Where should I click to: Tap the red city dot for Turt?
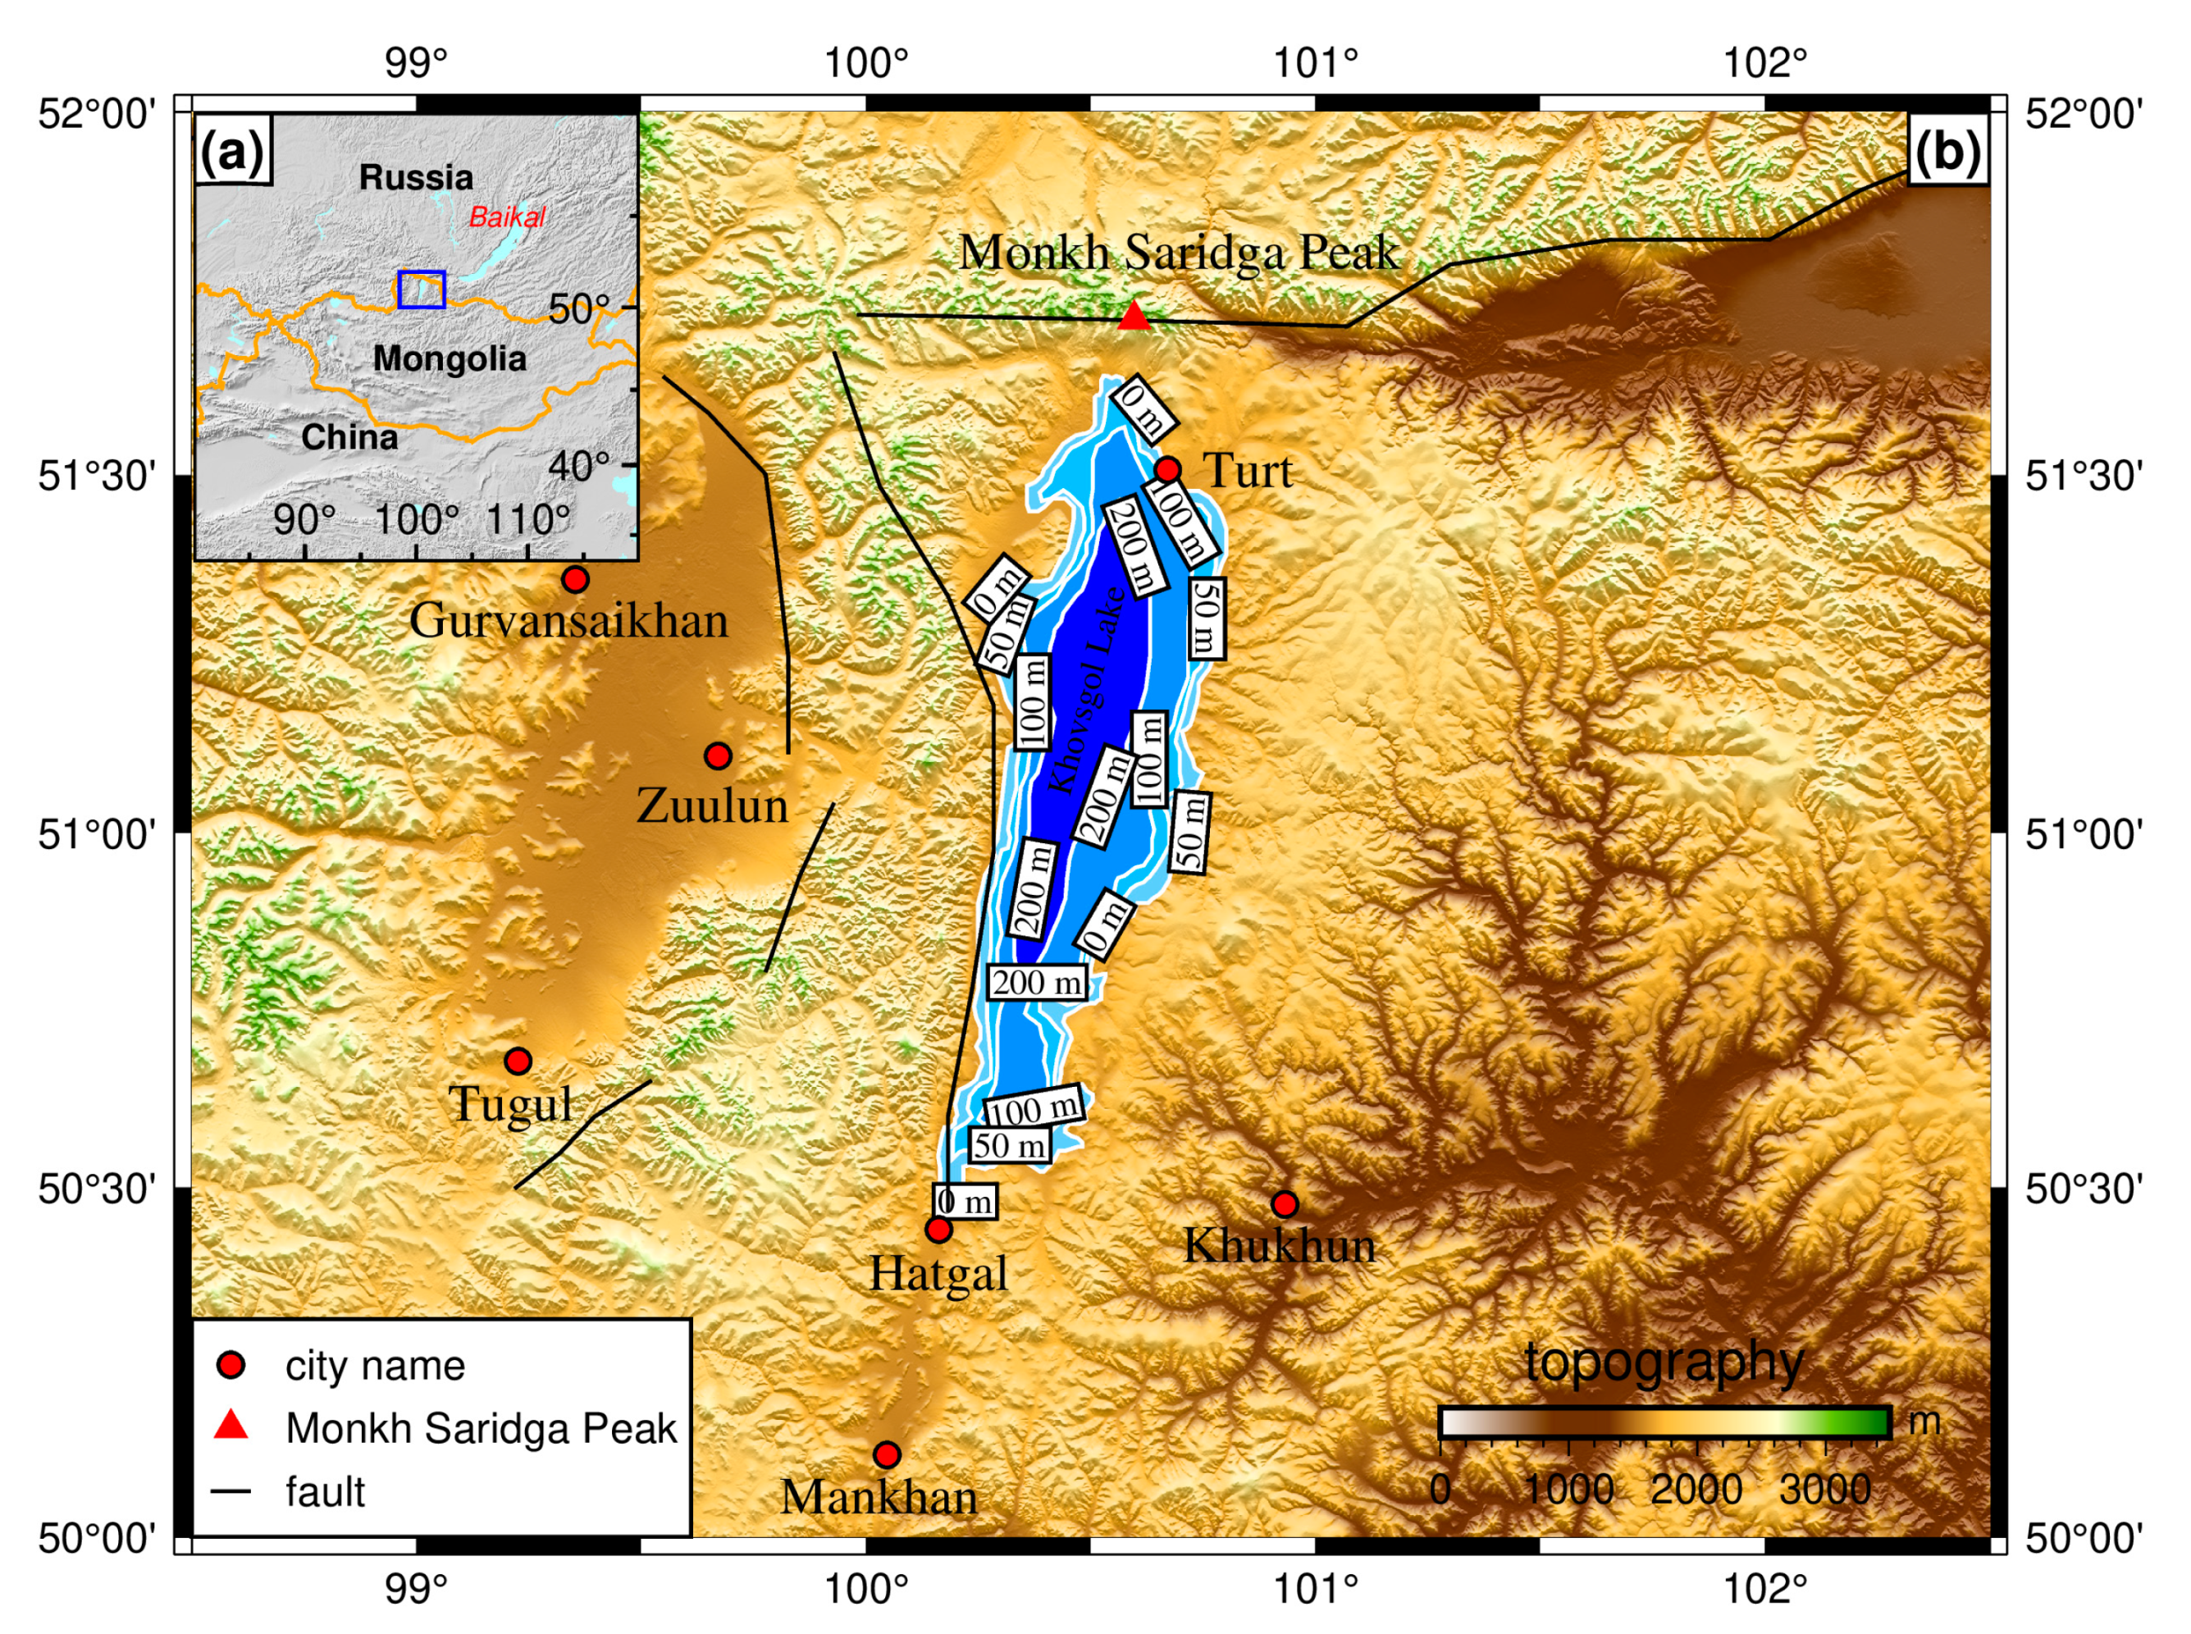(x=1167, y=469)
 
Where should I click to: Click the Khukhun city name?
(x=1279, y=1245)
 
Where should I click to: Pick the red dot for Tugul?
(x=518, y=1061)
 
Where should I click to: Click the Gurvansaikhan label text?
(x=568, y=621)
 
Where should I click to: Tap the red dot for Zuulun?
(x=718, y=755)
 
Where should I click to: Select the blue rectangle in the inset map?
(x=422, y=289)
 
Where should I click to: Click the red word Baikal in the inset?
(x=506, y=217)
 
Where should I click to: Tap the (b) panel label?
(x=1947, y=151)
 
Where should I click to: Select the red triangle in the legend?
(x=231, y=1426)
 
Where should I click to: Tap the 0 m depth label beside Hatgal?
(x=965, y=1202)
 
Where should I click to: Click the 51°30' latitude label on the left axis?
(x=97, y=476)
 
